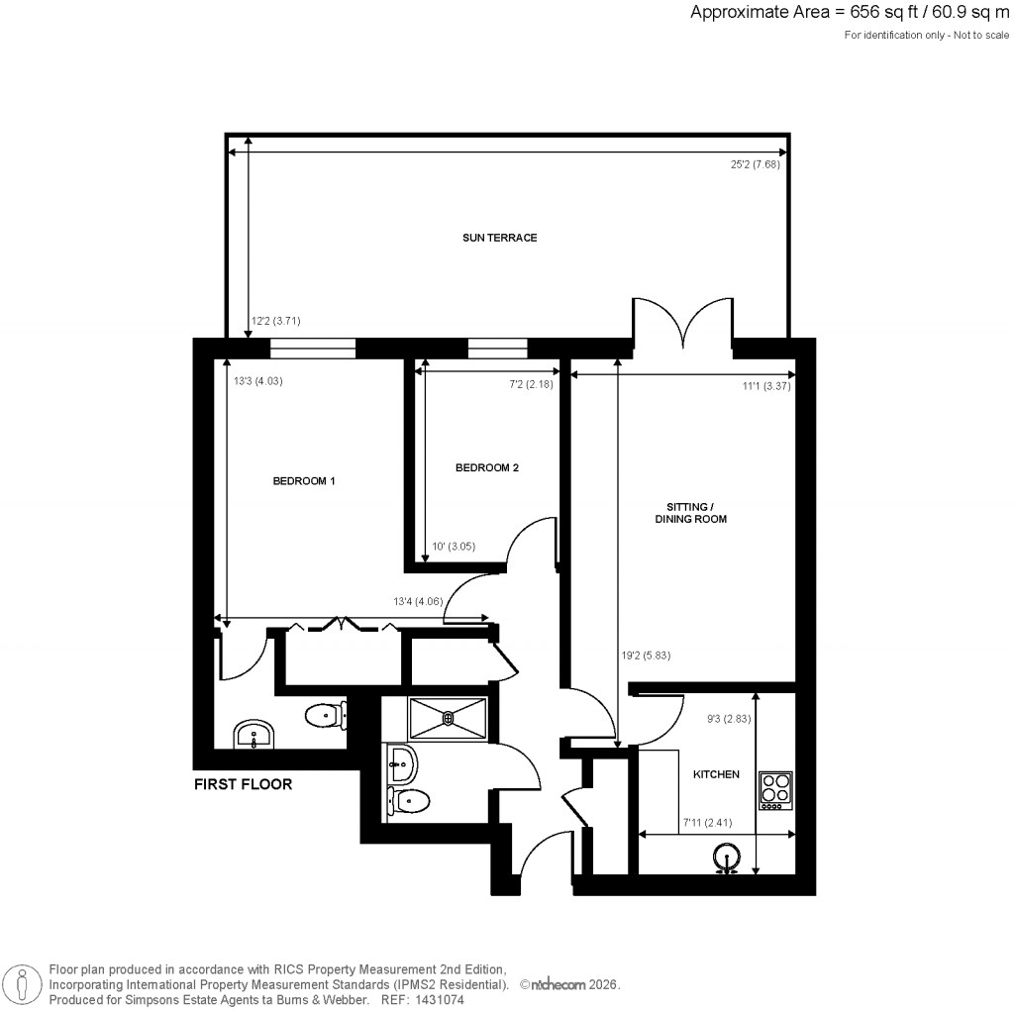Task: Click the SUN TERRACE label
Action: (499, 238)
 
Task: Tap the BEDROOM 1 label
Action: (304, 481)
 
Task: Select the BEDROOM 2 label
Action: (486, 468)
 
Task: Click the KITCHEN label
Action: (715, 774)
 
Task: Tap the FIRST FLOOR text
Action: (243, 784)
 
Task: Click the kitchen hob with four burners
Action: (775, 789)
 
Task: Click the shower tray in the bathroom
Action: (448, 717)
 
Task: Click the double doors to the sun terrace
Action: (682, 322)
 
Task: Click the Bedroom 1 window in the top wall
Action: (312, 348)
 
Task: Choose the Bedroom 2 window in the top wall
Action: (497, 348)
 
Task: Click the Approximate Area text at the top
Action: (850, 13)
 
